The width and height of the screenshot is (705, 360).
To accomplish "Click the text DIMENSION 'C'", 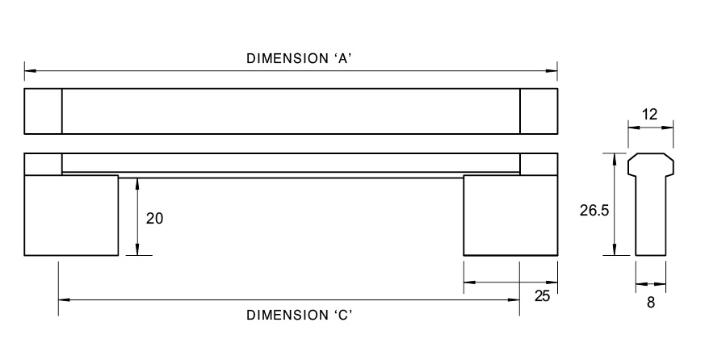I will coord(296,315).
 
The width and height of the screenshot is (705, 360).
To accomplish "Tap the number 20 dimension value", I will coord(155,218).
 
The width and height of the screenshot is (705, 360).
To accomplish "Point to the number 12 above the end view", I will coord(650,115).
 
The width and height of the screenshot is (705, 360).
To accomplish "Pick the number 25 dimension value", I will coord(542,296).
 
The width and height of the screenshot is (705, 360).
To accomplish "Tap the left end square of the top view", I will coord(44,111).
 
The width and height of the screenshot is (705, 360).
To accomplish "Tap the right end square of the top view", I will coord(539,111).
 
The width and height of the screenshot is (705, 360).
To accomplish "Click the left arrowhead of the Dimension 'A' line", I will coord(29,71).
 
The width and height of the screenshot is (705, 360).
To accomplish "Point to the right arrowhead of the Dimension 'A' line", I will coord(553,71).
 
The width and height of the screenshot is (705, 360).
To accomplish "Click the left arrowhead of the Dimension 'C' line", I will coord(63,300).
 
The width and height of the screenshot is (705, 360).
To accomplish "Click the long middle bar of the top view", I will coord(291,111).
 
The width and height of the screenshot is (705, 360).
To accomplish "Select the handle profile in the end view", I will coord(651,206).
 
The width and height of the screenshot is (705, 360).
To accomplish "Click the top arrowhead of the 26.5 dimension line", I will coord(616,158).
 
